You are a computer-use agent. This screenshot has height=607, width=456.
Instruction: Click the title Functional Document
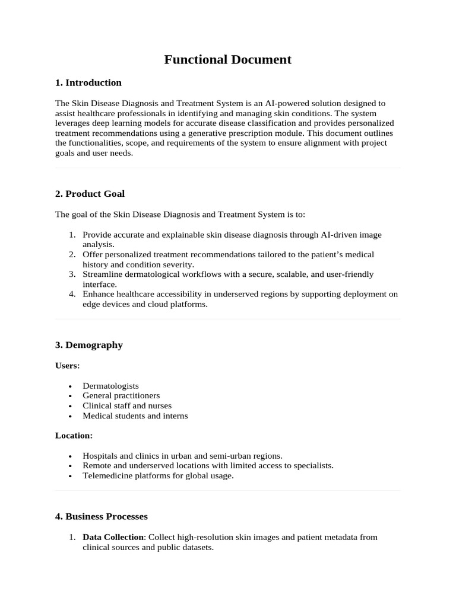coord(227,59)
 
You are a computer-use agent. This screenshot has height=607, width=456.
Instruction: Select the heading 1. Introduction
coord(88,82)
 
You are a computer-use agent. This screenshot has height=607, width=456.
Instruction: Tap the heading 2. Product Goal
coord(90,194)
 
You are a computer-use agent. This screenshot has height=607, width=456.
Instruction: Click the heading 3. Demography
coord(88,345)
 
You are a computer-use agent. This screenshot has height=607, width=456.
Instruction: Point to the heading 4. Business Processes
coord(101,516)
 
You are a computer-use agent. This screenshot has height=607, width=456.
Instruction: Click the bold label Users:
coord(67,366)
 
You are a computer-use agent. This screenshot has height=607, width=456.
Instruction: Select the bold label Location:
coord(74,436)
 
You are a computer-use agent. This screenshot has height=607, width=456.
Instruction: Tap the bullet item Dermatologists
coord(110,386)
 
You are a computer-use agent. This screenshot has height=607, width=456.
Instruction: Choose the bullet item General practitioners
coord(121,395)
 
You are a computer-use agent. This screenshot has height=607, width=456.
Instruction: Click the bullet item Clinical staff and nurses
coord(127,405)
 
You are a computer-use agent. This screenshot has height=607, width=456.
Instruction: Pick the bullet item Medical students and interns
coord(135,416)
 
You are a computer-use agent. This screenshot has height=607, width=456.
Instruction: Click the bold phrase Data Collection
coord(113,537)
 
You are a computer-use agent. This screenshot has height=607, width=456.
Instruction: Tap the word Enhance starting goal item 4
coord(99,294)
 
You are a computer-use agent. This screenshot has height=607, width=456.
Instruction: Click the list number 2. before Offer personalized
coord(72,254)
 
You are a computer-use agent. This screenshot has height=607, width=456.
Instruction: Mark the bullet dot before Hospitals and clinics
coord(70,456)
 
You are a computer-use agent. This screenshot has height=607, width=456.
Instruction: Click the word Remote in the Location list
coord(96,466)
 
